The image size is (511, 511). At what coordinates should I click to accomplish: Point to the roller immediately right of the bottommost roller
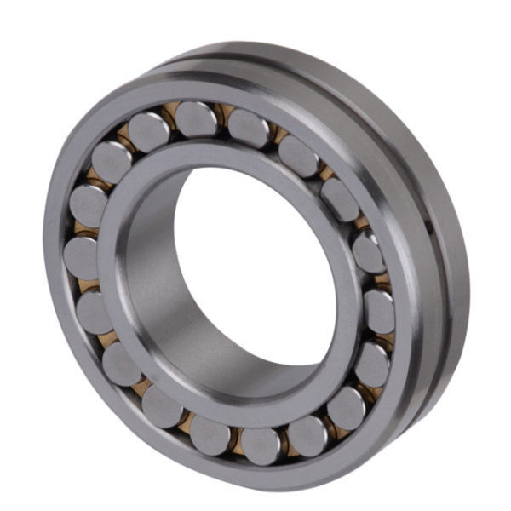[307, 433]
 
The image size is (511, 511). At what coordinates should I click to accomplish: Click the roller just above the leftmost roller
[88, 204]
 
